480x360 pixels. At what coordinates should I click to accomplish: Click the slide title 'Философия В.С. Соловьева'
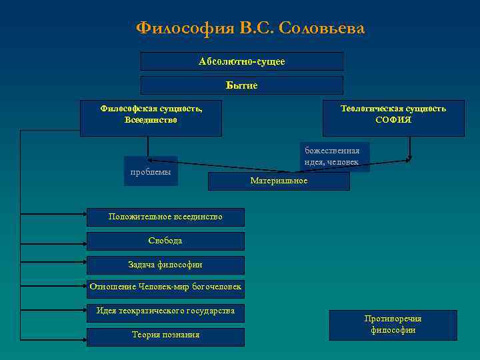(250, 28)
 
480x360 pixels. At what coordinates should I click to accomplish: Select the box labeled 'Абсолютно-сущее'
(241, 61)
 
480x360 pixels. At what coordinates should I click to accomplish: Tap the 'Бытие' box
(241, 85)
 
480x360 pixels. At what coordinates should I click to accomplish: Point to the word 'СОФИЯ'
(393, 121)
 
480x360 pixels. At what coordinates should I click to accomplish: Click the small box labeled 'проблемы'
(151, 171)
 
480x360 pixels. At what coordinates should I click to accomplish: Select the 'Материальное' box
(279, 181)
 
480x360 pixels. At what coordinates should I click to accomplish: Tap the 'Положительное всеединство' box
(165, 217)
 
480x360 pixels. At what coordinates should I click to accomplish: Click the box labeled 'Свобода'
(165, 241)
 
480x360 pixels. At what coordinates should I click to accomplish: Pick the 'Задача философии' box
(165, 265)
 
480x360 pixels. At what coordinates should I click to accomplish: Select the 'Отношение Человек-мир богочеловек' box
(165, 288)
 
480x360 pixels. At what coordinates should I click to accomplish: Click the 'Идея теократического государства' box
(165, 311)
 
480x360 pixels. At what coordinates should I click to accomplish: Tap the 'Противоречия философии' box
(393, 325)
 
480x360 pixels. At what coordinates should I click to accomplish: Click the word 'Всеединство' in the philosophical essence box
(151, 121)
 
